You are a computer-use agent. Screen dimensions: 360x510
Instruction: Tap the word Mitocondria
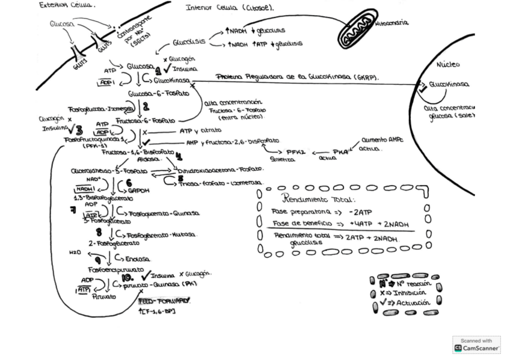pos(392,23)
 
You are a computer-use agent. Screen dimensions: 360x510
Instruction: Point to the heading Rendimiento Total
pos(319,200)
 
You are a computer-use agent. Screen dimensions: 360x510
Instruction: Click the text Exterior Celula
pos(67,5)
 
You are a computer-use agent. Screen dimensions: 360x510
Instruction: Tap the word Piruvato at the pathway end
pos(104,296)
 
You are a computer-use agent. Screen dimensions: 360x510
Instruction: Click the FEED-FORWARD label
pos(164,300)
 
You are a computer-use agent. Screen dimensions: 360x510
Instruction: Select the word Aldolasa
pos(150,159)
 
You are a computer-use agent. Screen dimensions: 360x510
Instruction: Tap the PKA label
pos(340,151)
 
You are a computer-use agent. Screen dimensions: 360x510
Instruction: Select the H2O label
pos(75,252)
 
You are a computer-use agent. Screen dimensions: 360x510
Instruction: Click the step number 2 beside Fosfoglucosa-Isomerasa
pos(146,107)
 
